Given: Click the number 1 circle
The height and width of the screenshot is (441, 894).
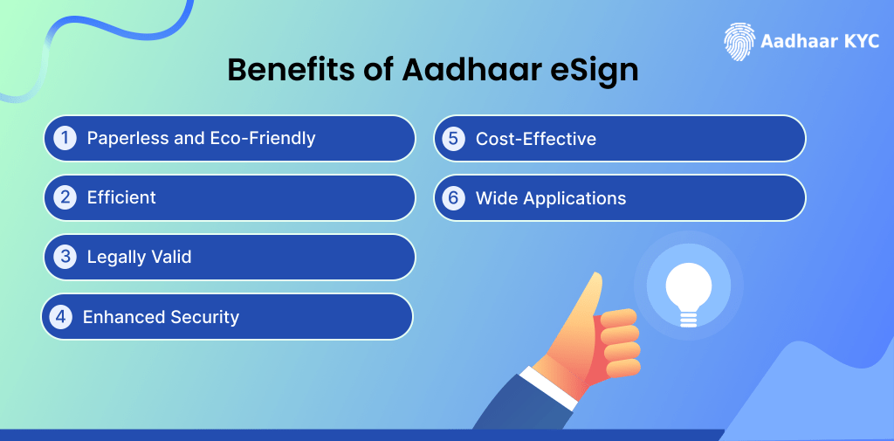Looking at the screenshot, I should (x=65, y=138).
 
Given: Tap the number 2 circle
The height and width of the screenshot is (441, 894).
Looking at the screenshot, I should (x=65, y=197).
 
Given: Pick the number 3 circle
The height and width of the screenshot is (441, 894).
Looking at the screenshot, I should (x=65, y=257).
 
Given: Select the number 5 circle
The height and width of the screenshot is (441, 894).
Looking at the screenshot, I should (x=453, y=138).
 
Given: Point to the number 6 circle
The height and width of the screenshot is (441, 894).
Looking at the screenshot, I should (x=453, y=197).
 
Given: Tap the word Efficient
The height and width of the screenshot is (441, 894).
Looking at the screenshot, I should (x=121, y=197).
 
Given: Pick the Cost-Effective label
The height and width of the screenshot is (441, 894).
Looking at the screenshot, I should (x=535, y=138).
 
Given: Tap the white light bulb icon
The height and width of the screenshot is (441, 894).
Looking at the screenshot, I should (x=688, y=292).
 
